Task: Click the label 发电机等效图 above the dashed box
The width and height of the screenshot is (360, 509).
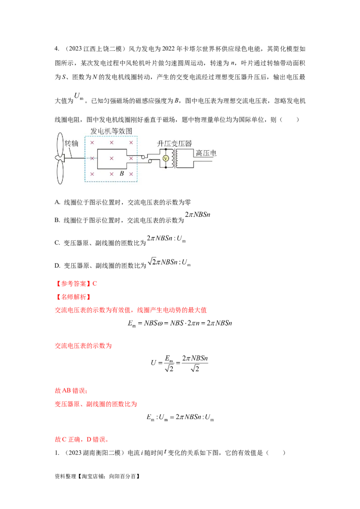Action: click(x=112, y=131)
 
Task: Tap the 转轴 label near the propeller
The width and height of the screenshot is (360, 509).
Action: click(x=72, y=143)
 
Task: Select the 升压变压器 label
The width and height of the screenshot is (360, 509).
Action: click(x=174, y=143)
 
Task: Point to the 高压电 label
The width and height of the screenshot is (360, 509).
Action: click(x=206, y=153)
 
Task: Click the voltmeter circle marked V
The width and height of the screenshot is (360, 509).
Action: click(x=165, y=158)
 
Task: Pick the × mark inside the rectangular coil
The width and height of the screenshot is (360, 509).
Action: click(x=112, y=158)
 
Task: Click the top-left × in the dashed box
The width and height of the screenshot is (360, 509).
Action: click(x=92, y=143)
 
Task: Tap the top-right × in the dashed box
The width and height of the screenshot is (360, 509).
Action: click(x=131, y=143)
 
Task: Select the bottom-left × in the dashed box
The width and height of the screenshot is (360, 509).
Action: click(x=92, y=174)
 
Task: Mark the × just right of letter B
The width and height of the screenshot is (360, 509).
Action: click(x=131, y=174)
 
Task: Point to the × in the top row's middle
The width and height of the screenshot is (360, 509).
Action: click(x=112, y=143)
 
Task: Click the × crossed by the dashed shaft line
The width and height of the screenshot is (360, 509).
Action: click(x=92, y=158)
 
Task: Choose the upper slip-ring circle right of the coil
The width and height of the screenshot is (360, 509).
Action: click(x=143, y=157)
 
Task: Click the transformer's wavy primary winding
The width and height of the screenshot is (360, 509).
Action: click(x=171, y=158)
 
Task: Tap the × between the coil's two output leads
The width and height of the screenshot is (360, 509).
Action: click(x=131, y=158)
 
